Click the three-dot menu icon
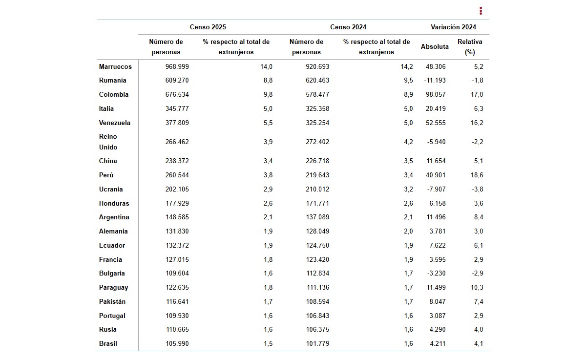pos(481,11)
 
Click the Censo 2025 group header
pos(208,27)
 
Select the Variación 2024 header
pos(453,27)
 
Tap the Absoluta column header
pos(435,46)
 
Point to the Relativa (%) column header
pos(470,47)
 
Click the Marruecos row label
pos(115,66)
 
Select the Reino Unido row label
pos(108,142)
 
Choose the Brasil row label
pos(108,343)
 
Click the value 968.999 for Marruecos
pos(177,66)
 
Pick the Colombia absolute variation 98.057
pos(436,94)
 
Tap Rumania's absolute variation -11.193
pos(435,80)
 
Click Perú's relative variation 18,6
pos(477,175)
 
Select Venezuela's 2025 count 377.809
pos(177,123)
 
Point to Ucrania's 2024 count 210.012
pos(317,189)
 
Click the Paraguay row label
pos(113,288)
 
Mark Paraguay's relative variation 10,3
pos(477,287)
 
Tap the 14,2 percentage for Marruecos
pos(407,66)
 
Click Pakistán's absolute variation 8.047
pos(438,301)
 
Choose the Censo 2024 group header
pos(348,27)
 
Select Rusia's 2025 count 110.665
pos(177,329)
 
